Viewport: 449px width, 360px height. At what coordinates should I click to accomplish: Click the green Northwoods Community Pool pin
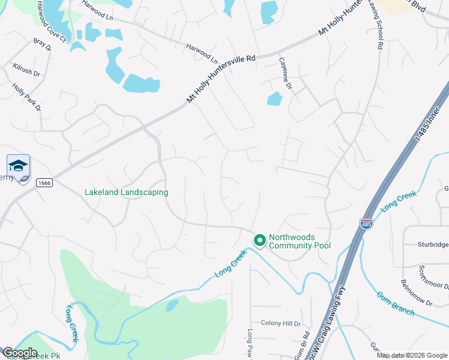(260, 241)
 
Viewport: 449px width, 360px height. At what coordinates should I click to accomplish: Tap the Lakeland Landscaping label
(126, 192)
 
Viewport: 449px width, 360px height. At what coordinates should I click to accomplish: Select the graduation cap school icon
(18, 166)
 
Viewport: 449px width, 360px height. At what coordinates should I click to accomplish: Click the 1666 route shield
(44, 182)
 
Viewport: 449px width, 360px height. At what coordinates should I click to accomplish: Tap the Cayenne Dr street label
(285, 73)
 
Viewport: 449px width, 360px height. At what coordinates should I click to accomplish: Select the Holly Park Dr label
(27, 97)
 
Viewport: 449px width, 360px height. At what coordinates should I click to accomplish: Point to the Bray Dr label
(42, 46)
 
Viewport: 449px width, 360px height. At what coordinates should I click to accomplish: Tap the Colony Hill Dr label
(280, 323)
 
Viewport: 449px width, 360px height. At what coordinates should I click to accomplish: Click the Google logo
(20, 353)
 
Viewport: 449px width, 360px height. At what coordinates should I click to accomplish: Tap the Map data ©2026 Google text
(412, 355)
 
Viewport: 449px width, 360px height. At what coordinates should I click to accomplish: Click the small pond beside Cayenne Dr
(274, 99)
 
